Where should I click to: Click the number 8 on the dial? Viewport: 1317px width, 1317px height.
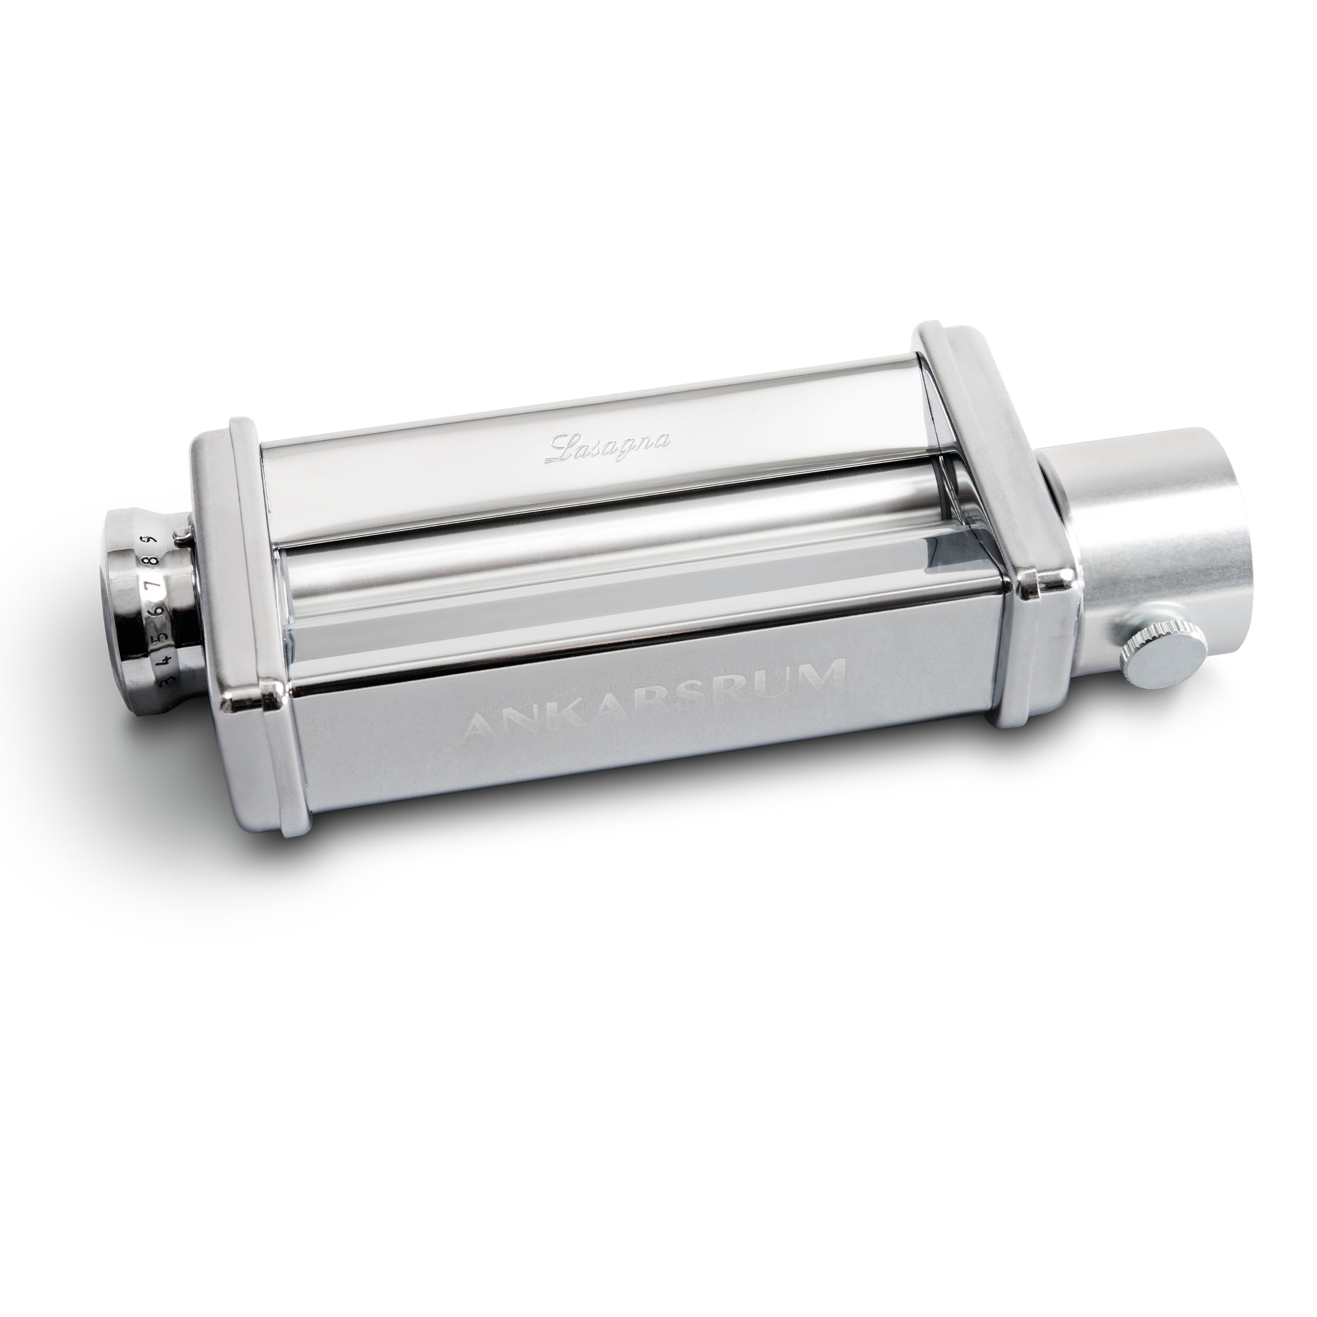[155, 561]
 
